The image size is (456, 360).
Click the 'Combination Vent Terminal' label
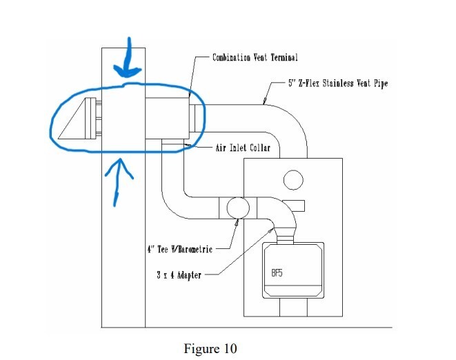tap(255, 57)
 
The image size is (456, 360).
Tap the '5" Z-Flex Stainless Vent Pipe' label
tap(338, 83)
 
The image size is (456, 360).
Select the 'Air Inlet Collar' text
tap(243, 148)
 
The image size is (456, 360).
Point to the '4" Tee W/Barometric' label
tap(180, 249)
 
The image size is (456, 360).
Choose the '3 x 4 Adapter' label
tap(179, 275)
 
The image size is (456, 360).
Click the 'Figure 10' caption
tap(210, 348)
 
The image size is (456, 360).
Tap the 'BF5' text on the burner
tap(277, 273)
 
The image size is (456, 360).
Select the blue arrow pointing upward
tap(119, 182)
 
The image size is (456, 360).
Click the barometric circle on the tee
tap(238, 208)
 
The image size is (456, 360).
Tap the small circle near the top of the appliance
tap(293, 180)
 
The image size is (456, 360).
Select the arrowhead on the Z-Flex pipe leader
tap(264, 101)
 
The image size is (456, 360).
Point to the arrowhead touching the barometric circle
tap(237, 223)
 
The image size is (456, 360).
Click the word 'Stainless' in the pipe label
tap(338, 83)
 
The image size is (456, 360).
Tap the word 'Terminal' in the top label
tap(284, 57)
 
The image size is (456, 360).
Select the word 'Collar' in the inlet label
tap(260, 148)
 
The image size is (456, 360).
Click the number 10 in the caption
tap(230, 348)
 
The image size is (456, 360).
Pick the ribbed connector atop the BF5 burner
tap(285, 239)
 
